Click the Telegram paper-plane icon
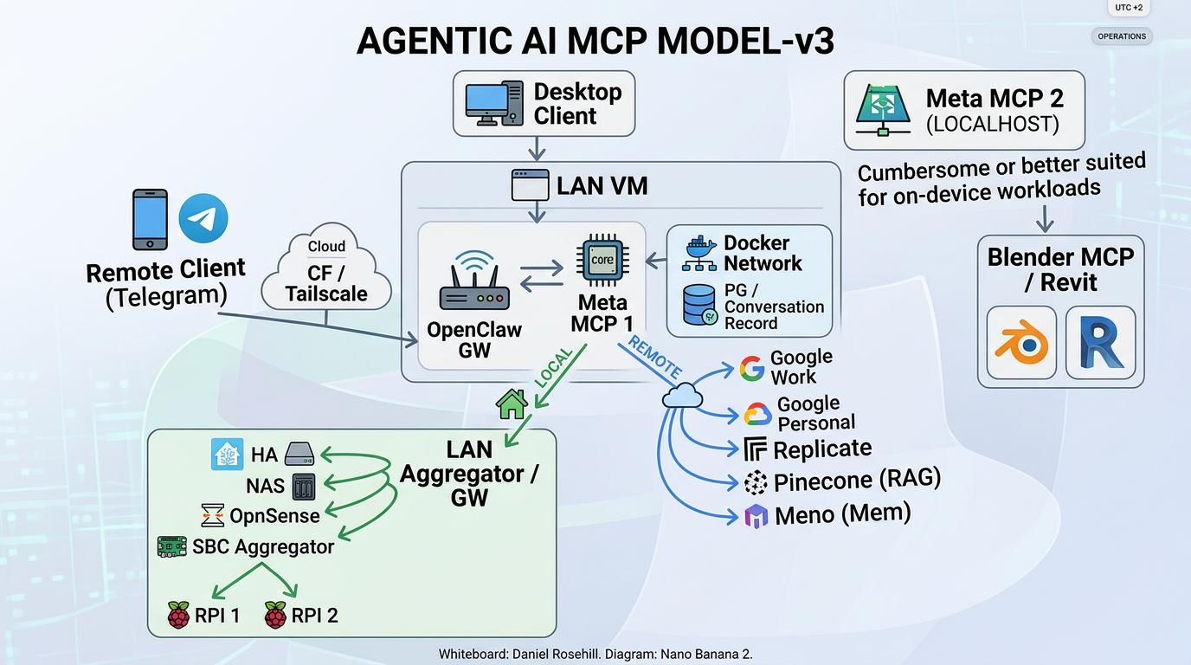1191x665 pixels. point(203,217)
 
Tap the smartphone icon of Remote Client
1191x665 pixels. point(150,220)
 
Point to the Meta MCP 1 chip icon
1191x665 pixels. point(602,261)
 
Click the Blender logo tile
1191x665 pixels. point(1021,342)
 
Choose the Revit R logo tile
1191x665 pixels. point(1100,342)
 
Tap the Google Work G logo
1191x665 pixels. point(751,369)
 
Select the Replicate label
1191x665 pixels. point(821,449)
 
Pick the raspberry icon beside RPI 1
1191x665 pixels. point(178,616)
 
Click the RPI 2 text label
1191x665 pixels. point(314,616)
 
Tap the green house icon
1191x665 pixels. point(511,404)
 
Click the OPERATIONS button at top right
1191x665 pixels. point(1122,36)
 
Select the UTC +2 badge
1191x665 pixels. point(1129,7)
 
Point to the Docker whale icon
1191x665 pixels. point(699,252)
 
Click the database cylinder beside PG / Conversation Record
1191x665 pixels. point(699,305)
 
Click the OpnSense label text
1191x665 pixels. point(274,516)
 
